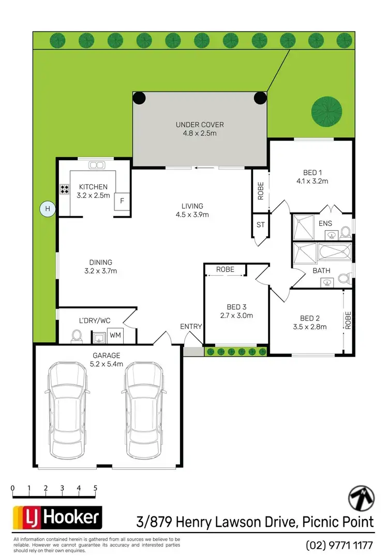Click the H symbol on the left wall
[x=48, y=209]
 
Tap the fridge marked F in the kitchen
[x=122, y=201]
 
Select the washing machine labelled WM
[x=116, y=335]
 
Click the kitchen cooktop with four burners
[x=65, y=189]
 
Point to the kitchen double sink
[x=96, y=165]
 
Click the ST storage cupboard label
[x=260, y=224]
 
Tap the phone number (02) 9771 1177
[x=339, y=545]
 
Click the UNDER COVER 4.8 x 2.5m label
[x=200, y=129]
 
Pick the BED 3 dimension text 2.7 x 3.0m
[x=236, y=315]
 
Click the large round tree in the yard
[x=326, y=111]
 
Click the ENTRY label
[x=191, y=326]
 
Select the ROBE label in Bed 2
[x=348, y=321]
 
